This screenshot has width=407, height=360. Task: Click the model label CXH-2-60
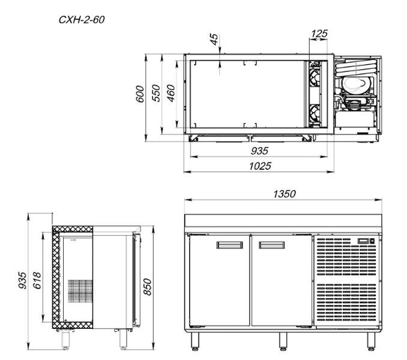pyautogui.click(x=82, y=20)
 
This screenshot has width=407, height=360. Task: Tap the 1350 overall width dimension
pyautogui.click(x=284, y=194)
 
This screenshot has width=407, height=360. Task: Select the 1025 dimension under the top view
pyautogui.click(x=260, y=166)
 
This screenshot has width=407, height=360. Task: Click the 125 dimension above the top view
pyautogui.click(x=319, y=34)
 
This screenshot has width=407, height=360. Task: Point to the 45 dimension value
pyautogui.click(x=214, y=40)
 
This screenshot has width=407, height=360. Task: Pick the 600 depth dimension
pyautogui.click(x=140, y=94)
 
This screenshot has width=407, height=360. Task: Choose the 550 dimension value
pyautogui.click(x=156, y=93)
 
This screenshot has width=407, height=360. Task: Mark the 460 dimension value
pyautogui.click(x=171, y=93)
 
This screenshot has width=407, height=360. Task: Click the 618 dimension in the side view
pyautogui.click(x=37, y=280)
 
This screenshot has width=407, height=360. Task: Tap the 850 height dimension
pyautogui.click(x=148, y=287)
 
